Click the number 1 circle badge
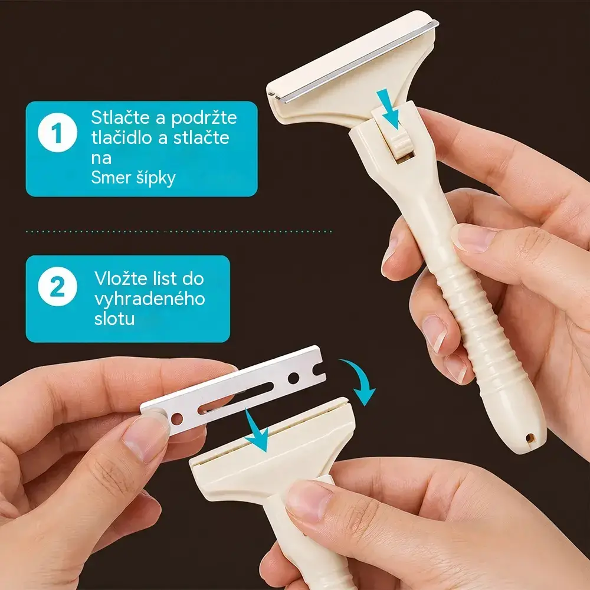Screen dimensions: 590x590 coord(57,132)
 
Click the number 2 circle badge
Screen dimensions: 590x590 coord(57,287)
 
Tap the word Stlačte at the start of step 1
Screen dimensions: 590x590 coord(120,118)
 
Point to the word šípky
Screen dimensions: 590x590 coord(155,178)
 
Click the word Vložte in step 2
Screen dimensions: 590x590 coord(120,278)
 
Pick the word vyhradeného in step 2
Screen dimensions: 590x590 coord(150,299)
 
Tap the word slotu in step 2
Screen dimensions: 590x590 coord(114,319)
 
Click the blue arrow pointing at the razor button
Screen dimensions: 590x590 coord(388,109)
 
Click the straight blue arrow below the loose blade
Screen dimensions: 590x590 coord(256,431)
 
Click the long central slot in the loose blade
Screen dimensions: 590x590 coord(236,398)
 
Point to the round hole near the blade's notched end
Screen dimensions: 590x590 coord(293,378)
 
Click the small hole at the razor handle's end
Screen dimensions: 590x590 coord(530,438)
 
